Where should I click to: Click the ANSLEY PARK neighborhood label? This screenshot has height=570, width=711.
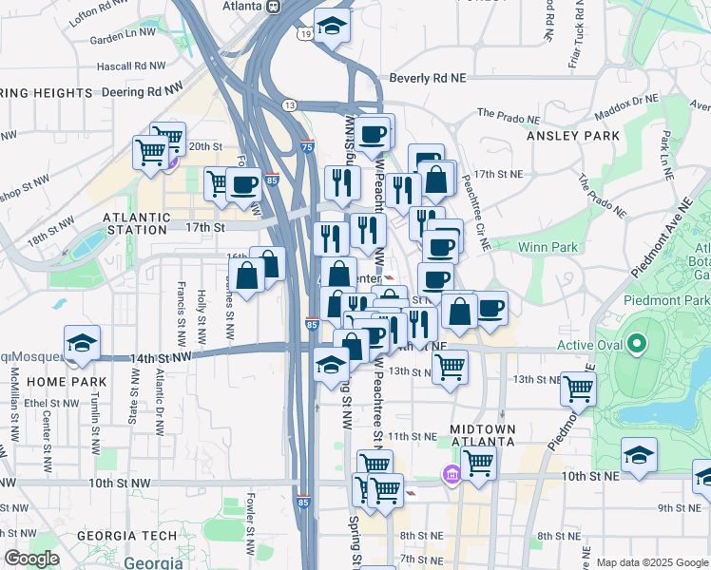(572, 136)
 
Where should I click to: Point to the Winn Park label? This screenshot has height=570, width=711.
(548, 247)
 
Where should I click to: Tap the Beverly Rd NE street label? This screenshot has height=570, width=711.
(431, 80)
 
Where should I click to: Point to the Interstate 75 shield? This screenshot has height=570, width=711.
(306, 146)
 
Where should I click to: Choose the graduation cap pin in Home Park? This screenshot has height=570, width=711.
(83, 343)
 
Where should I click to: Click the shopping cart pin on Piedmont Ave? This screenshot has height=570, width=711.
(577, 388)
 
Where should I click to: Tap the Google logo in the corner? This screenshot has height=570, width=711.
(31, 559)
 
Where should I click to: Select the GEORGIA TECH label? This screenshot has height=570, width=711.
(126, 536)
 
